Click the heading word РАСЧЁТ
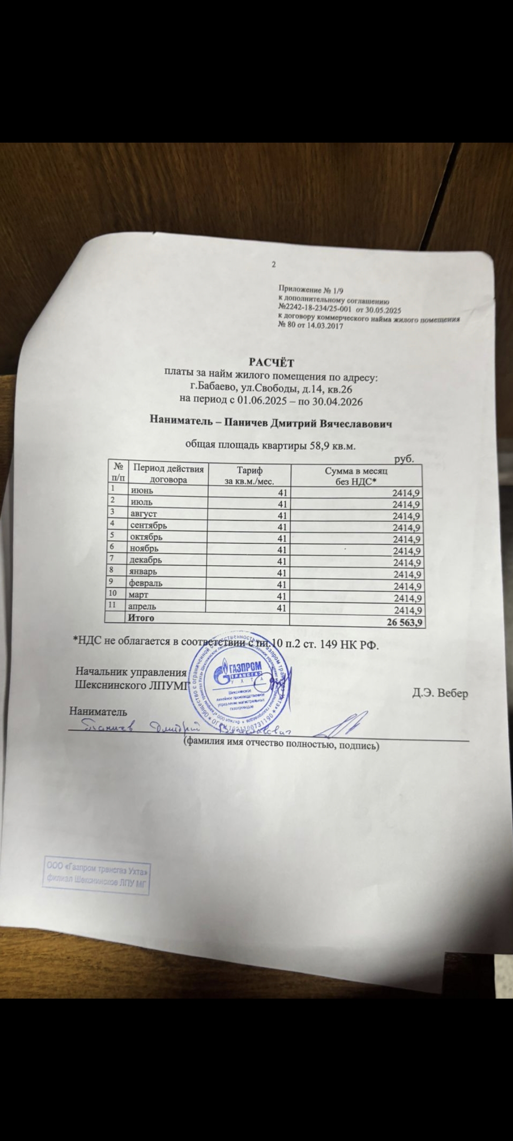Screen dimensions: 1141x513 (x=271, y=363)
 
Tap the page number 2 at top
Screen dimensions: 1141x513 (x=274, y=264)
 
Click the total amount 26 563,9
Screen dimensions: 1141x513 (x=405, y=622)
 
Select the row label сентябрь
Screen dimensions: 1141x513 (x=148, y=525)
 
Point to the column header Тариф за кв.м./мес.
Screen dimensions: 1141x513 (x=249, y=475)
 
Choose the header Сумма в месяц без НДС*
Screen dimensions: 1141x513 (x=356, y=475)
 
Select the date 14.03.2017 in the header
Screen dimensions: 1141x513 (x=325, y=326)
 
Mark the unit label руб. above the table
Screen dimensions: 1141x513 (x=404, y=459)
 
